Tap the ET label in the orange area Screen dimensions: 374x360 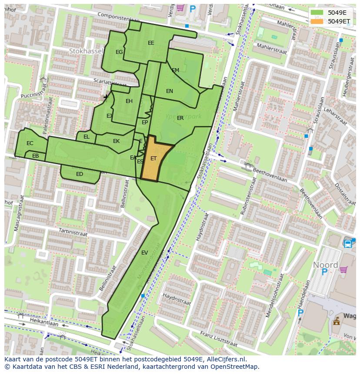tap(153, 159)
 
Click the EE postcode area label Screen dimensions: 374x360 tap(151, 43)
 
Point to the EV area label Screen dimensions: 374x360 tap(145, 252)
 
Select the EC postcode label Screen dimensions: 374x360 tap(30, 143)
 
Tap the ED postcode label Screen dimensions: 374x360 tap(80, 174)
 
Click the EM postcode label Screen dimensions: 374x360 tap(175, 70)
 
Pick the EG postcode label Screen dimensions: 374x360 tap(119, 52)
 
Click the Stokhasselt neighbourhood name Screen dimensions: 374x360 tap(86, 51)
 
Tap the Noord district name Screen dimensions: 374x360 tap(325, 265)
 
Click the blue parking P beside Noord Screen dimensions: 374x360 tap(324, 272)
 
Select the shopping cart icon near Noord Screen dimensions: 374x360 tap(344, 270)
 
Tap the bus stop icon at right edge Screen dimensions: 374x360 tap(348, 244)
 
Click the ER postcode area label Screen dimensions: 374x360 tap(180, 118)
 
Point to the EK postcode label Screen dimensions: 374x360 tap(116, 141)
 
